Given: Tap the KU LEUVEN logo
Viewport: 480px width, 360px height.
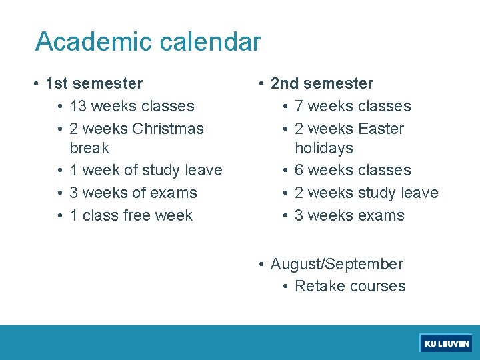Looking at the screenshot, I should point(446,344).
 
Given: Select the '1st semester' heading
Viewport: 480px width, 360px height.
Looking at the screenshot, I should point(94,83).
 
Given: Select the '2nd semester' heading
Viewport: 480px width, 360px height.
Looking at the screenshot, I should point(322,83).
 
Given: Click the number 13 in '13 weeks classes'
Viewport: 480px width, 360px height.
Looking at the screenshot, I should point(78,106).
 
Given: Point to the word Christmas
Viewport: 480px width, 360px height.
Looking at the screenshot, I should point(168,128).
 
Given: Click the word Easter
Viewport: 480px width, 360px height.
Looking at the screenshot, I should point(381,128).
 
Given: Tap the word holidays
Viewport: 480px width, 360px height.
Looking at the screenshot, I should point(324,147).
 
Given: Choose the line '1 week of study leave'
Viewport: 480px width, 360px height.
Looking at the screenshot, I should point(145,170).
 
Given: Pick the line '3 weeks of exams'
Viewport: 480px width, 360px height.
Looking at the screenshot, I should point(133,193).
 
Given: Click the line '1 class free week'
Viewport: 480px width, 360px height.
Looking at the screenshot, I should point(131,215).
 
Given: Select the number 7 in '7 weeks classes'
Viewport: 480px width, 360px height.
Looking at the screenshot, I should point(299,106).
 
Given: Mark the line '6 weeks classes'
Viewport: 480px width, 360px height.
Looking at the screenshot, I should point(353,170).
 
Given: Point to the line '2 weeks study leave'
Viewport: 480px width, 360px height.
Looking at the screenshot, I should point(366,193).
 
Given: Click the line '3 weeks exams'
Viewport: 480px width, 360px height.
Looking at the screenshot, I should point(349,215).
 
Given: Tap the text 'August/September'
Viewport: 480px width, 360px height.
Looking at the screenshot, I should point(337,264).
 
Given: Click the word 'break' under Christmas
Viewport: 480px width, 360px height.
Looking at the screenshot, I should point(89,147).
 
